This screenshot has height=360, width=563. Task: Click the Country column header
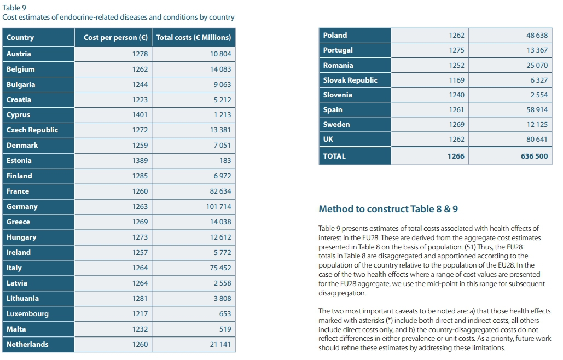[20, 38]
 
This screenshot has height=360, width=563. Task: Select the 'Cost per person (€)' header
[115, 38]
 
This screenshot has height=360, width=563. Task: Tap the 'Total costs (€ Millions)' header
[193, 38]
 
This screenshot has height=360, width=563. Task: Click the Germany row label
[22, 207]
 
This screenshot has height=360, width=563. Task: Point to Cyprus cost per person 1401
[140, 115]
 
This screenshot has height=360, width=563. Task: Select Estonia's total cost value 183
[225, 161]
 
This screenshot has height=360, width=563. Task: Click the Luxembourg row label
[27, 314]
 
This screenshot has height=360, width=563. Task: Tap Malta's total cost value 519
[224, 329]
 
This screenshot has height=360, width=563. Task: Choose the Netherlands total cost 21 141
[220, 345]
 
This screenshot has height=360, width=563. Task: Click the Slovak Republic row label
[350, 80]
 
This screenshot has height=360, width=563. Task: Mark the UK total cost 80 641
[537, 140]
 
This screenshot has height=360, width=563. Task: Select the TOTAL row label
[334, 156]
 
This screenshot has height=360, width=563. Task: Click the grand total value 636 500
[534, 156]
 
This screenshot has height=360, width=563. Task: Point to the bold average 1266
[455, 156]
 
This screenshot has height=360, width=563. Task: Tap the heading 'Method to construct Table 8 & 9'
[388, 209]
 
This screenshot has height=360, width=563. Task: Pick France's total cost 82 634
[220, 191]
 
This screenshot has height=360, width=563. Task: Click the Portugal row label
[338, 50]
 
